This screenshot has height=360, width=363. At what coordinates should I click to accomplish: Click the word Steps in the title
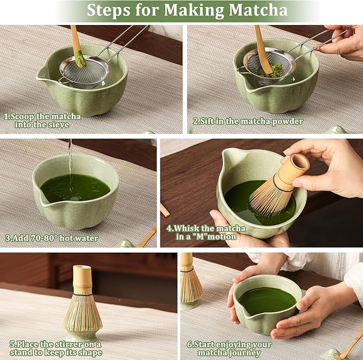pyautogui.click(x=107, y=10)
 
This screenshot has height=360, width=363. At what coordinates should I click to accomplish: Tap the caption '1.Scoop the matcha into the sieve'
pyautogui.click(x=43, y=120)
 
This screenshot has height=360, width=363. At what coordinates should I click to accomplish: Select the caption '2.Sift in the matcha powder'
pyautogui.click(x=248, y=121)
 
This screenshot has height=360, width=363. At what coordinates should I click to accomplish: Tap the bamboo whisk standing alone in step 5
pyautogui.click(x=82, y=300)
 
